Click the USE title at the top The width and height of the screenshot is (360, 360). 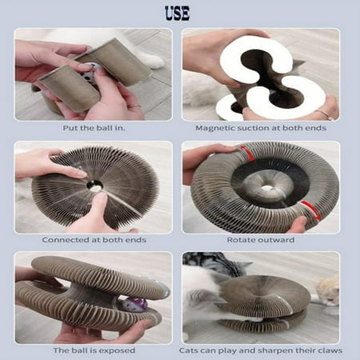pos(178,14)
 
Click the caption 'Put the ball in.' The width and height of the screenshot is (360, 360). pos(94,128)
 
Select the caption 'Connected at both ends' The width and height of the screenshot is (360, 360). pos(94,240)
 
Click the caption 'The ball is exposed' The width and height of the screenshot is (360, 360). pos(94,350)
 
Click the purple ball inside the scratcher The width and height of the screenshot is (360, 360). pos(136,304)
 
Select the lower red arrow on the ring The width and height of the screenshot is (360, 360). pos(310,210)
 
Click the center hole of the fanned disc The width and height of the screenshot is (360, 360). pos(94,184)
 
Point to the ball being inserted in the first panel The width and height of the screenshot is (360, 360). pos(90,73)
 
